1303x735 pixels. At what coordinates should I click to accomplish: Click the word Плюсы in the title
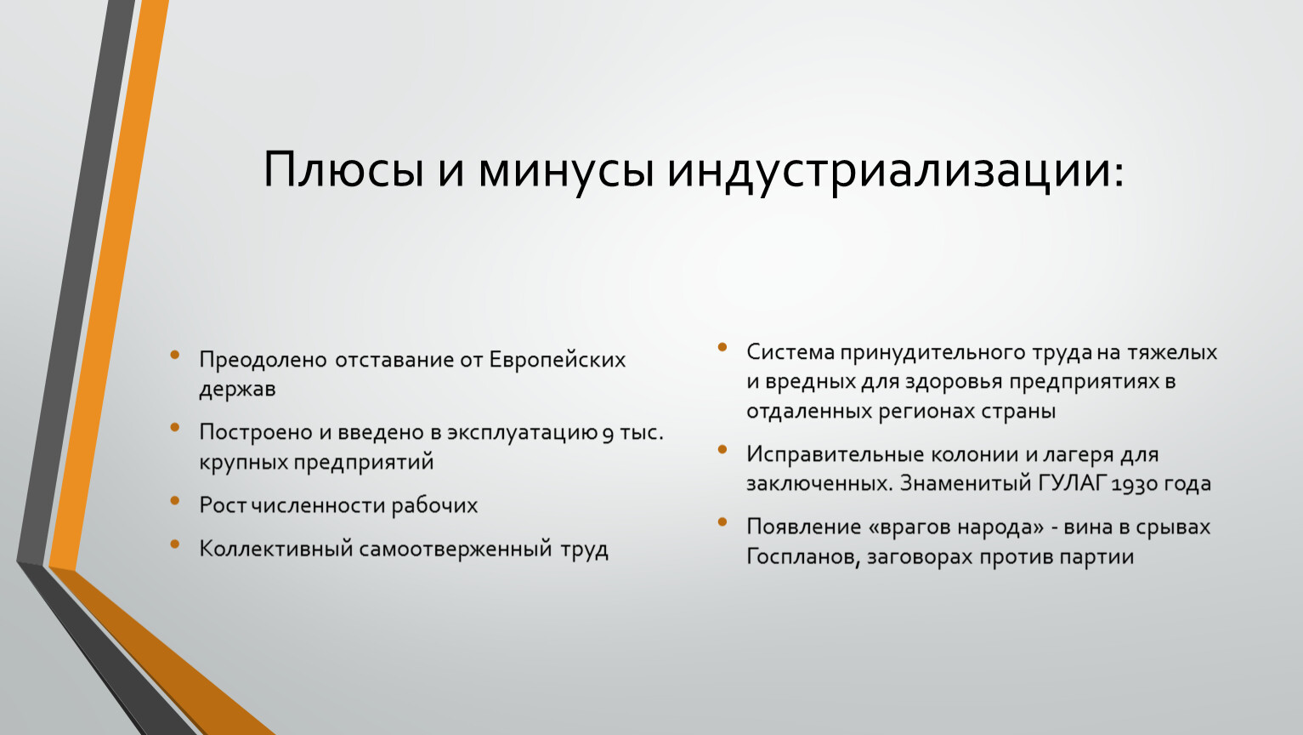pos(343,169)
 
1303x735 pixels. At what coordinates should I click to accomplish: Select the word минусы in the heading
pos(566,169)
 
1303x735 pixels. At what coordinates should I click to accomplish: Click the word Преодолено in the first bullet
pos(263,360)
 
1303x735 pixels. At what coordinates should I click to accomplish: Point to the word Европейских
pos(557,360)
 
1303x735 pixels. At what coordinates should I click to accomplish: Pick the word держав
pos(237,390)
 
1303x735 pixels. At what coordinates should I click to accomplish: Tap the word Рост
pos(223,505)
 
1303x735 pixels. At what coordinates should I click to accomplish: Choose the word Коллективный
pos(275,549)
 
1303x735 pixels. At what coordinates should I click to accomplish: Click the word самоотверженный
pos(456,549)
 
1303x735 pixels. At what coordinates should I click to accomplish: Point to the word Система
pos(790,352)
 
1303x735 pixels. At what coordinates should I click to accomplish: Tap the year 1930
pos(1133,484)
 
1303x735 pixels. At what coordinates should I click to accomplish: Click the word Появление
pos(803,527)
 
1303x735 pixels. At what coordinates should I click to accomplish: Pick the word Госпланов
pos(802,557)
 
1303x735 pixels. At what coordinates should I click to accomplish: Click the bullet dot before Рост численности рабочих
pos(175,500)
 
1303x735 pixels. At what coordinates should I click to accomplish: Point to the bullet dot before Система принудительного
pos(722,347)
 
